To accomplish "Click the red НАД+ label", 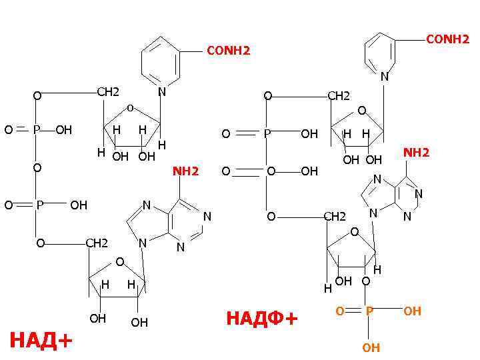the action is pyautogui.click(x=41, y=341).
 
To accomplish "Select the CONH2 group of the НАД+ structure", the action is pyautogui.click(x=228, y=51).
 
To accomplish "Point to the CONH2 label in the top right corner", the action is pyautogui.click(x=447, y=40).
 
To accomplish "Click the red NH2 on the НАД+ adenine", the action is pyautogui.click(x=186, y=172).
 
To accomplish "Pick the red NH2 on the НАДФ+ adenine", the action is pyautogui.click(x=416, y=153).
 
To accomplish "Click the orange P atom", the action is pyautogui.click(x=369, y=311).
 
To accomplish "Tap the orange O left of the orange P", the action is pyautogui.click(x=339, y=311).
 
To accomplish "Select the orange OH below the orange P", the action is pyautogui.click(x=371, y=347).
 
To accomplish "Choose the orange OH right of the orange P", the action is pyautogui.click(x=412, y=311).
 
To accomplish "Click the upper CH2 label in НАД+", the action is pyautogui.click(x=108, y=91).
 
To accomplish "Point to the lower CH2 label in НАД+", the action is pyautogui.click(x=97, y=243).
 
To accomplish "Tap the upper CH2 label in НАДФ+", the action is pyautogui.click(x=339, y=96).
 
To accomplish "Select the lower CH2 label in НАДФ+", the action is pyautogui.click(x=334, y=217).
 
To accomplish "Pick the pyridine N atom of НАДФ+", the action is pyautogui.click(x=384, y=77).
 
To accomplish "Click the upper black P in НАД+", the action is pyautogui.click(x=37, y=129).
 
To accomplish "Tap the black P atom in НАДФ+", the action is pyautogui.click(x=267, y=134).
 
